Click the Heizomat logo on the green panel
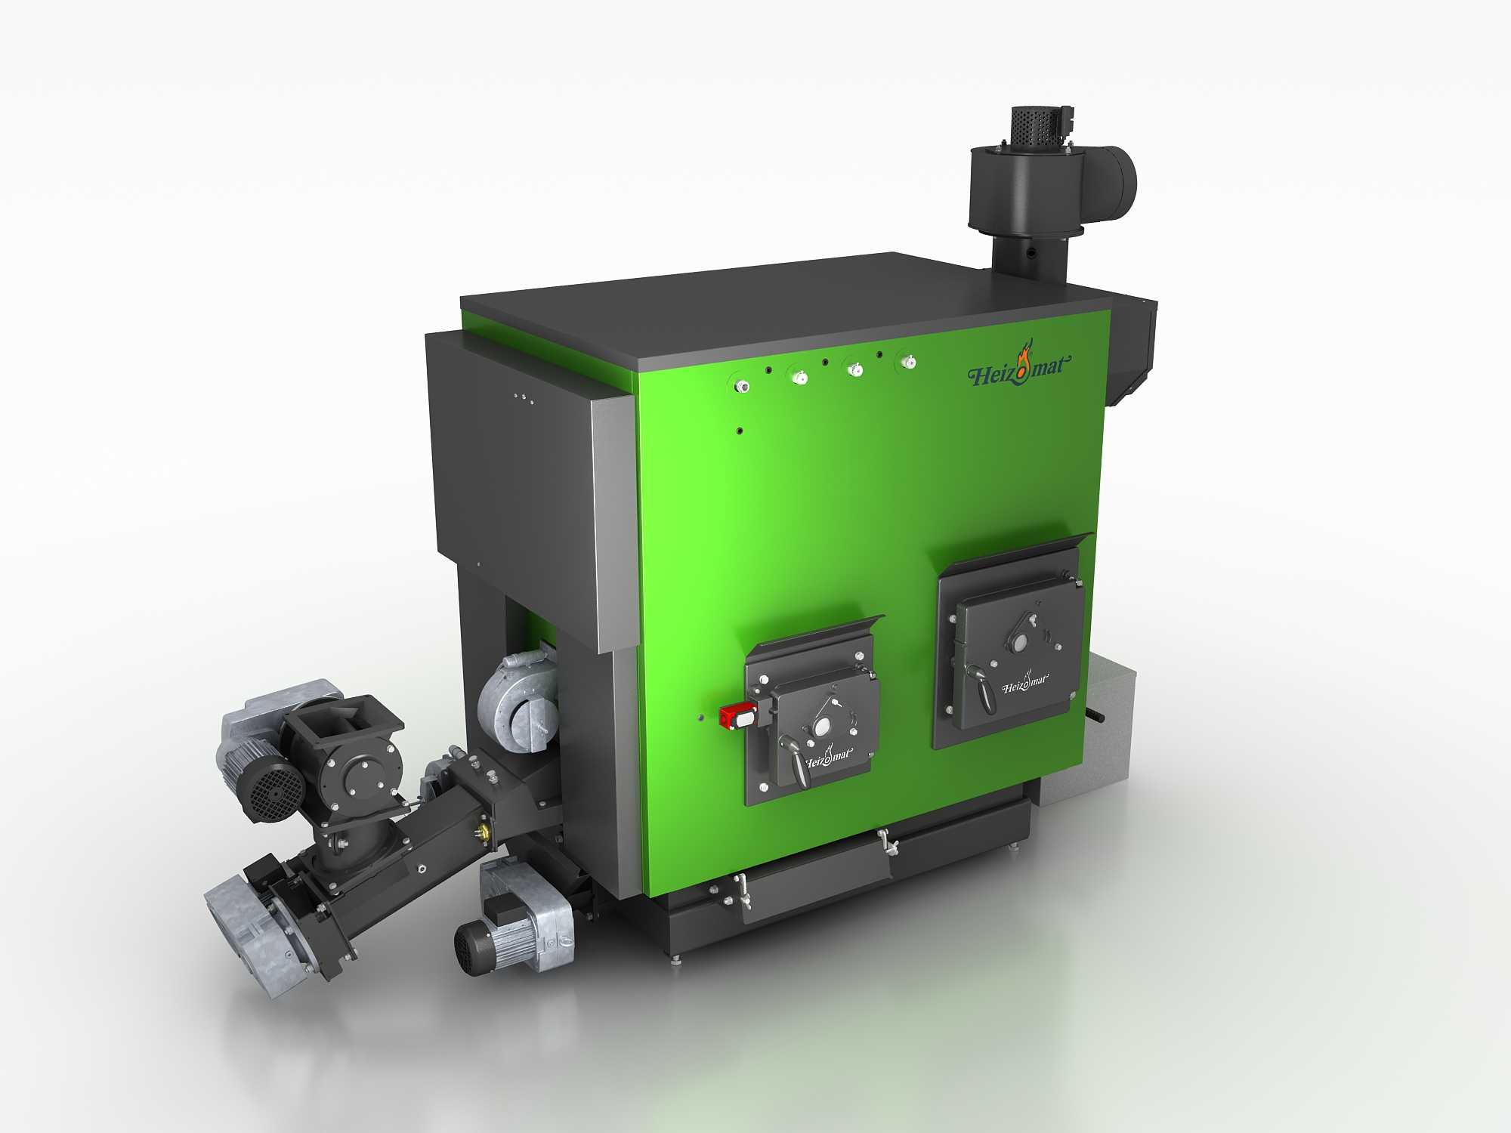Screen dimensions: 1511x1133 (1019, 369)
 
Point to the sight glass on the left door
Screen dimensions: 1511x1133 (820, 727)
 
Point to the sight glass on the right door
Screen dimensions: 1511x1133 (1021, 644)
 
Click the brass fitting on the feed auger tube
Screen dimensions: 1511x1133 (477, 832)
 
